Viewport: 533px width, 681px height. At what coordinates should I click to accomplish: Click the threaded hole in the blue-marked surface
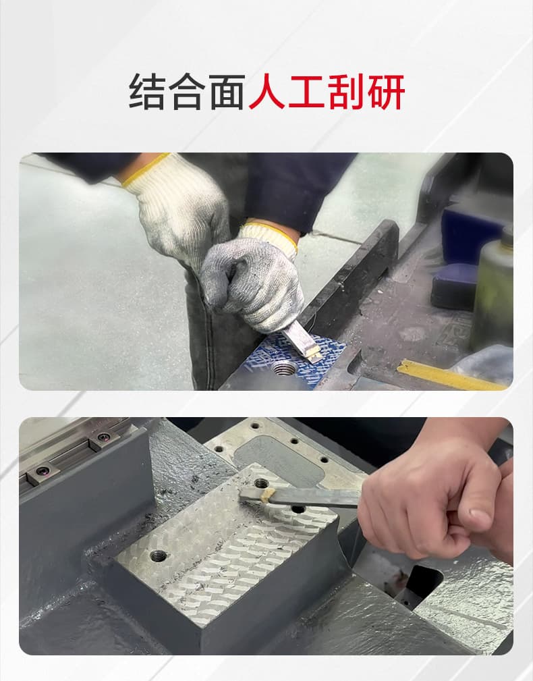tap(284, 368)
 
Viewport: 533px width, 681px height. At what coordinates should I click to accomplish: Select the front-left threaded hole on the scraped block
tap(159, 555)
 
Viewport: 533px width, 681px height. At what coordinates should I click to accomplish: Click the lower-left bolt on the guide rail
tap(43, 470)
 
